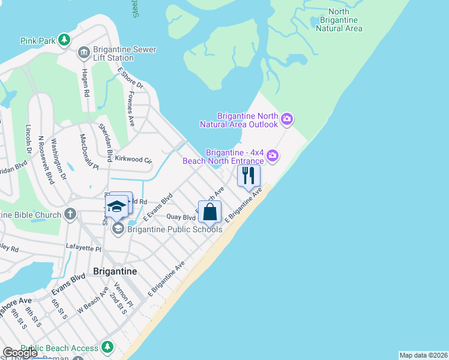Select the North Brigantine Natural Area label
(x=339, y=20)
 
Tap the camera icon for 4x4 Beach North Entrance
(x=273, y=156)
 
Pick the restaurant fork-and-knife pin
(x=249, y=176)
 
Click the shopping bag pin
(x=209, y=212)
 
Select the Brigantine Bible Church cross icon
(x=70, y=214)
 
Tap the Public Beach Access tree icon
(x=107, y=347)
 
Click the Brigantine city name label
(x=115, y=271)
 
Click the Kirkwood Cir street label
(x=133, y=160)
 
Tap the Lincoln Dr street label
(x=28, y=139)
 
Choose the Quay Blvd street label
(x=181, y=217)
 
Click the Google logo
(x=20, y=353)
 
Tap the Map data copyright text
(x=423, y=355)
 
